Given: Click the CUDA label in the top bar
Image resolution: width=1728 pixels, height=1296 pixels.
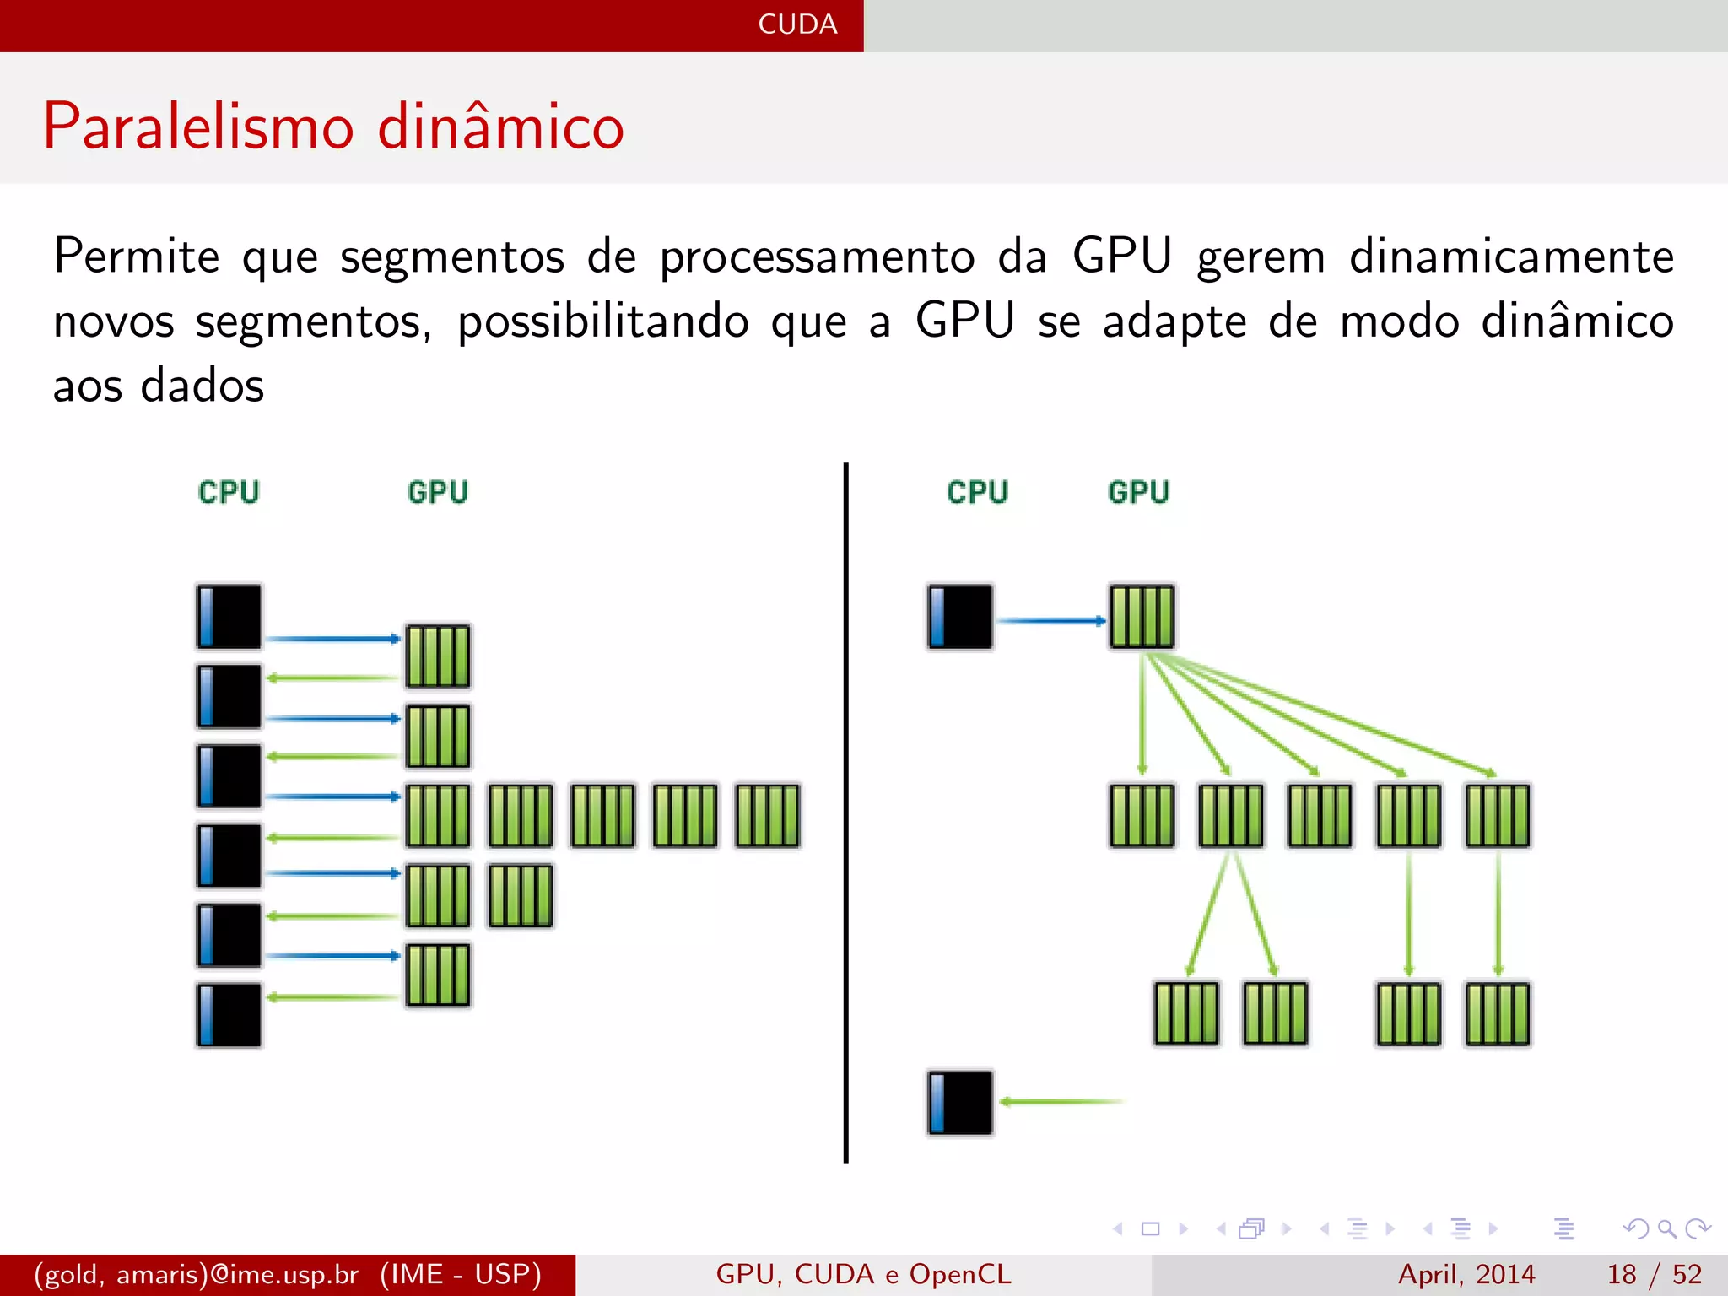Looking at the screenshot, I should coord(797,24).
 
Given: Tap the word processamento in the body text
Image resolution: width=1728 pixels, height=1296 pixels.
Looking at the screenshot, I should coord(817,257).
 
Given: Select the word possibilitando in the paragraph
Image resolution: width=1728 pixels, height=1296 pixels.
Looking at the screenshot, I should coord(602,321).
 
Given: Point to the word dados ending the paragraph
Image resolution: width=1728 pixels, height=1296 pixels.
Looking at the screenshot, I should coord(202,386).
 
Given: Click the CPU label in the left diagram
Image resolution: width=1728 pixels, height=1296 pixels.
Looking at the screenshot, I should coord(229,492).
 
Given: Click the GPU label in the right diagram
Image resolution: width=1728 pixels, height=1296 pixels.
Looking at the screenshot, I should coord(1138,492).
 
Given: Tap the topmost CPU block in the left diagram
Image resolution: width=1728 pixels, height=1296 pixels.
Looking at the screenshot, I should coord(229,617).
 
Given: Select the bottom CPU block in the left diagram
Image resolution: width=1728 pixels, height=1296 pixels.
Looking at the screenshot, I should coord(229,1015).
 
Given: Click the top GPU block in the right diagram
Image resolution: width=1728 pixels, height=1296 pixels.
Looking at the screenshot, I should coord(1142,617).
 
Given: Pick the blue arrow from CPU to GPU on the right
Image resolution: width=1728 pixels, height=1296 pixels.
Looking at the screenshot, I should coord(1050,621).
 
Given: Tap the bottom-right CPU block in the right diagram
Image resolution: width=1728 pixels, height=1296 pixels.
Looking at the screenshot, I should coord(960,1103).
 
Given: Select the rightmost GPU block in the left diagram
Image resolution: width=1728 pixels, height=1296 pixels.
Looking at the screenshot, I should coord(767,816).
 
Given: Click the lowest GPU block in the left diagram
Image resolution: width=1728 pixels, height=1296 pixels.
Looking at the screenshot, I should coord(438,975).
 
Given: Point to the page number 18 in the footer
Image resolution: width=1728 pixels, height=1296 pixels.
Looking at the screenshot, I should coord(1622,1274).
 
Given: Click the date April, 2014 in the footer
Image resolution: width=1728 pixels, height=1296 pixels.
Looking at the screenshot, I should coord(1466,1274).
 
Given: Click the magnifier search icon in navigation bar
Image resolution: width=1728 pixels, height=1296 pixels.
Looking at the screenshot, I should coord(1666,1228).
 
